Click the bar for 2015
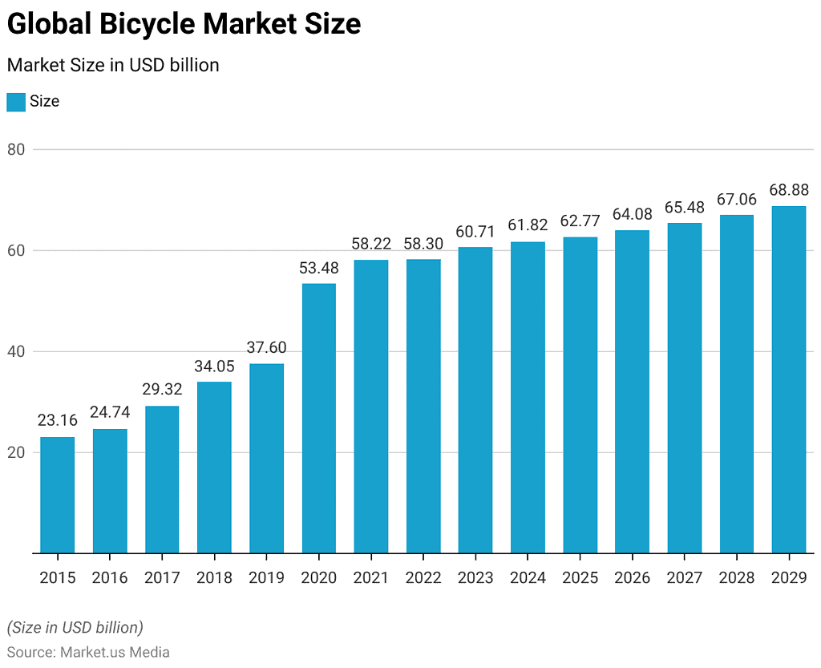[x=57, y=495]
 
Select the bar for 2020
[x=319, y=418]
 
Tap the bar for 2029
[x=789, y=379]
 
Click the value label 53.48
[x=319, y=268]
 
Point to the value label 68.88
[x=789, y=190]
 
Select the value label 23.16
[x=57, y=421]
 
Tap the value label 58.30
[x=423, y=243]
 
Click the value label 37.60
[x=266, y=348]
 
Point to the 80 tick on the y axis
[x=18, y=149]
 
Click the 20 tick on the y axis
[x=18, y=452]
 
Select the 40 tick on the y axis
[x=18, y=351]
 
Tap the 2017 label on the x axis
[x=162, y=578]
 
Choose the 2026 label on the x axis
[x=633, y=578]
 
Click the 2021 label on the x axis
[x=371, y=578]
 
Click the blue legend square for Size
[x=16, y=102]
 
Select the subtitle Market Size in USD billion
[x=113, y=65]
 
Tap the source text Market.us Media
[x=115, y=652]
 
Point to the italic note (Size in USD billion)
[x=75, y=627]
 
